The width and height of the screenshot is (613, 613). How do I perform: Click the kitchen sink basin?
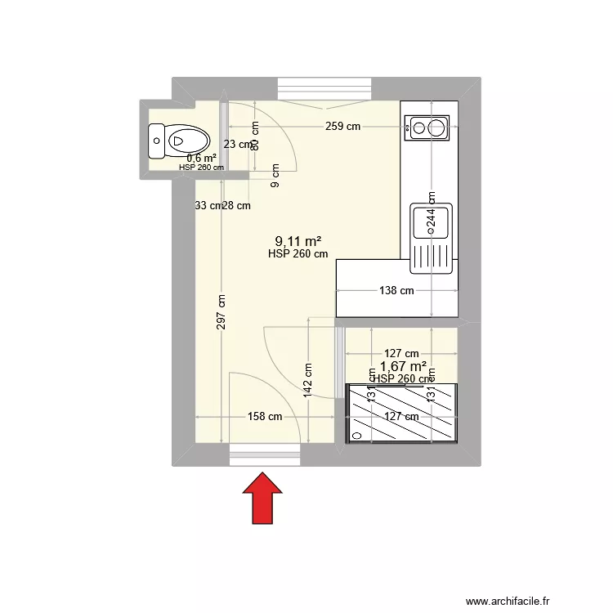[x=430, y=221]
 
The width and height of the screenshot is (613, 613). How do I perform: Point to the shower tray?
[x=401, y=413]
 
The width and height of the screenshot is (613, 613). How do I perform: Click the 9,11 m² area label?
[x=298, y=241]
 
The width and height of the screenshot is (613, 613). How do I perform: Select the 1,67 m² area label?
[x=404, y=367]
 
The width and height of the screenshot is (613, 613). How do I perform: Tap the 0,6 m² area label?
[x=201, y=158]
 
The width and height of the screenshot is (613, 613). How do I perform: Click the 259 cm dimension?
[x=342, y=127]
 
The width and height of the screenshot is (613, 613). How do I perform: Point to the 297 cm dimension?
[x=222, y=311]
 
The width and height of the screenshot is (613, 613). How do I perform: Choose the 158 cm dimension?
[x=265, y=416]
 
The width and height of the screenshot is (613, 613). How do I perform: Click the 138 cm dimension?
[x=396, y=290]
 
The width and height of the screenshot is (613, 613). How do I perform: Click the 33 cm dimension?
[x=208, y=206]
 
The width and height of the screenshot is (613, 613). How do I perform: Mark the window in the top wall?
[x=324, y=87]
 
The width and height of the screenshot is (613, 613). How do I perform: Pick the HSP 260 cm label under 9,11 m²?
[x=298, y=254]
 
